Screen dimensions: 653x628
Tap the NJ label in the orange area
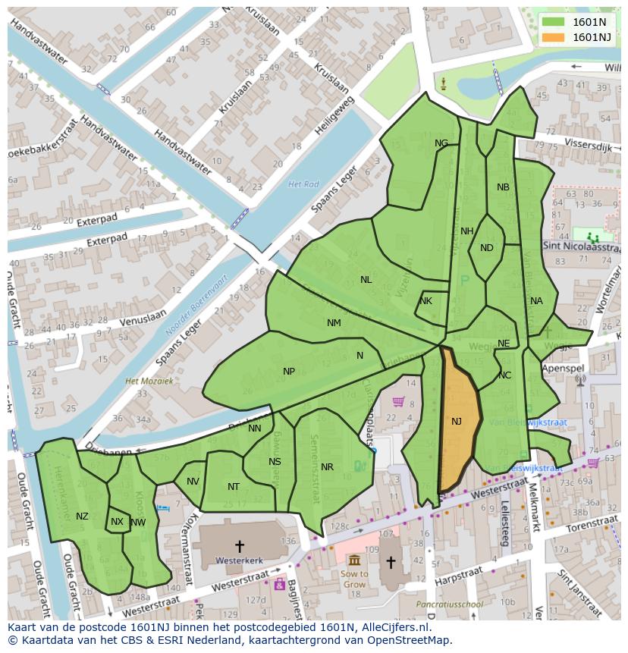(x=457, y=422)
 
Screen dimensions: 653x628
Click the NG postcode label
(x=441, y=143)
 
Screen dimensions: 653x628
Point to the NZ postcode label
(x=82, y=516)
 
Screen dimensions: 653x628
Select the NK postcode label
(x=425, y=301)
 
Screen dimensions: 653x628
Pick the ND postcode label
(x=487, y=248)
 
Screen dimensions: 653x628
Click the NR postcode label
(x=327, y=467)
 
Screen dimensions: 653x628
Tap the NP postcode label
(x=289, y=372)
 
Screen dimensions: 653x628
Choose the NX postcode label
(x=117, y=522)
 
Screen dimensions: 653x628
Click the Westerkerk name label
(x=240, y=561)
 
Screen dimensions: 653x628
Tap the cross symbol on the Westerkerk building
(x=240, y=545)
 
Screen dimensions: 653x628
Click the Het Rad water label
(x=303, y=184)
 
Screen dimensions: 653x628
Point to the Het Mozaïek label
(x=149, y=381)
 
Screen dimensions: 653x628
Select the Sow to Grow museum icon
(x=354, y=560)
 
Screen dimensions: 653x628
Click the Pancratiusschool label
(x=449, y=604)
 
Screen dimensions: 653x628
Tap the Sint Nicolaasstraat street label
(x=582, y=246)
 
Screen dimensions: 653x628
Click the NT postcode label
(x=234, y=487)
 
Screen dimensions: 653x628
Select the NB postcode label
(x=503, y=187)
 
